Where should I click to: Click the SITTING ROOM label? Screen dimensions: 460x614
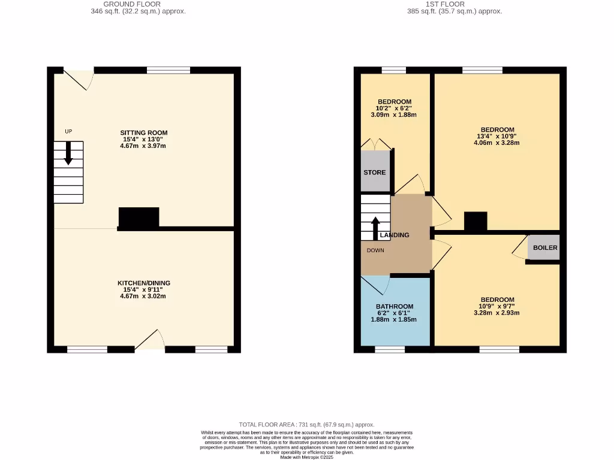(143, 133)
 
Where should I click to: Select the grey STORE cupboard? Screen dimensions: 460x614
(375, 172)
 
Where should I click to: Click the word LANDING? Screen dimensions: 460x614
(395, 235)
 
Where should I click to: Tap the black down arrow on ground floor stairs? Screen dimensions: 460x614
(68, 153)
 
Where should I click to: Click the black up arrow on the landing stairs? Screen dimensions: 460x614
(375, 228)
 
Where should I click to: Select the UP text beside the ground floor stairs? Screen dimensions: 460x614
(68, 131)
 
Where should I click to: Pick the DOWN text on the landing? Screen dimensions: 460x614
(375, 250)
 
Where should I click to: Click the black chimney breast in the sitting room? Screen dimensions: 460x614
(139, 217)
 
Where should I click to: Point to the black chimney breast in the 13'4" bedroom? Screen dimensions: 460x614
(475, 222)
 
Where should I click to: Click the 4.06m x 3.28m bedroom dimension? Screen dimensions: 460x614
(497, 143)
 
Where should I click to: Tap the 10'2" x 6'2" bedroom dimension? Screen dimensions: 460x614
(395, 108)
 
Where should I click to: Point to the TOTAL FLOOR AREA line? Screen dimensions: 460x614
(306, 424)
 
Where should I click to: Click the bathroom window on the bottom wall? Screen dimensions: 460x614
(390, 349)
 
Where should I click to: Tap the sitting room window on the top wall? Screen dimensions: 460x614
(168, 70)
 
